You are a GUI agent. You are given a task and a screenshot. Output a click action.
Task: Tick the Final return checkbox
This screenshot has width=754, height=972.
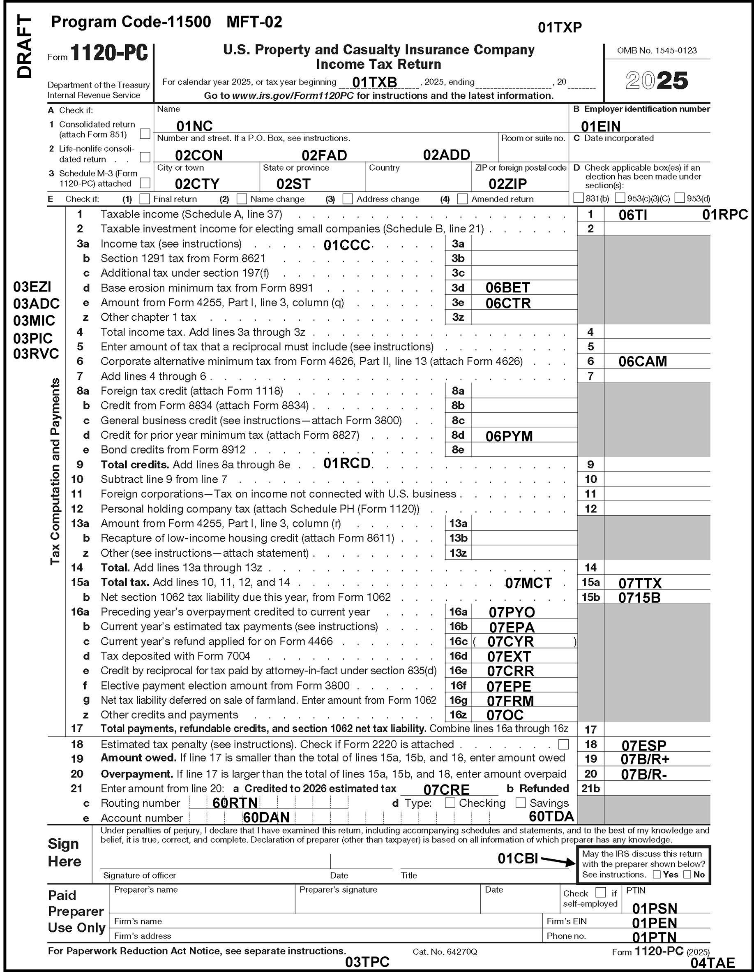tap(145, 199)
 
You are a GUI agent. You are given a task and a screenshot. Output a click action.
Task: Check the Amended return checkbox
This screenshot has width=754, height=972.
tap(463, 199)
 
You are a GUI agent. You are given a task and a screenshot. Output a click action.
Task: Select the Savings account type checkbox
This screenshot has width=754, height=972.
tap(521, 803)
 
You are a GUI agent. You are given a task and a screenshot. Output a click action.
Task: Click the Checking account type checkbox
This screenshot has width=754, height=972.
tap(450, 803)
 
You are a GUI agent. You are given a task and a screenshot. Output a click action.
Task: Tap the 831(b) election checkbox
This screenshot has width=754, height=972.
tap(578, 198)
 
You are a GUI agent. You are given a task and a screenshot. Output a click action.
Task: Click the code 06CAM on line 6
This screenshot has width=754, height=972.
tap(642, 361)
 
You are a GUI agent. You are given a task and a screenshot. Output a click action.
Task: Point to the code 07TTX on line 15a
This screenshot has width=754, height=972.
tap(640, 583)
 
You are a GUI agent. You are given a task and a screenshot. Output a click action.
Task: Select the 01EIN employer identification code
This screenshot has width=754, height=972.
tap(601, 126)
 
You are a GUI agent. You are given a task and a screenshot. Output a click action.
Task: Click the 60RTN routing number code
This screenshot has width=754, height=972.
tap(235, 803)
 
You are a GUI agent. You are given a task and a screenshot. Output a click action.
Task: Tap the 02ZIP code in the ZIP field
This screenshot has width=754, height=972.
tap(507, 184)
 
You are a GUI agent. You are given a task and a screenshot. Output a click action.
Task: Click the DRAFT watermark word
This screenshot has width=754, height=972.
tap(25, 47)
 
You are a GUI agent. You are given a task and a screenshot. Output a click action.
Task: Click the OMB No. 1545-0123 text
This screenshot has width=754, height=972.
tap(657, 51)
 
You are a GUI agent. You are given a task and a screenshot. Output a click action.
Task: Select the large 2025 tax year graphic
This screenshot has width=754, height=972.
tap(657, 81)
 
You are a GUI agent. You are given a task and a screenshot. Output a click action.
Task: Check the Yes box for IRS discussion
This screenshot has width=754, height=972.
tap(657, 875)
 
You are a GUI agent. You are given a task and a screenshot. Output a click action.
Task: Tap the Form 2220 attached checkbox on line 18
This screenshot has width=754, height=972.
tap(564, 744)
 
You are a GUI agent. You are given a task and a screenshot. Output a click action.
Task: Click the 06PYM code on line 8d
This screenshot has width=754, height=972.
tap(509, 436)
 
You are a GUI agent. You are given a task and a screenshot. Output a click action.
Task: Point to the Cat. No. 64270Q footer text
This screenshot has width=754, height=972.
tap(445, 951)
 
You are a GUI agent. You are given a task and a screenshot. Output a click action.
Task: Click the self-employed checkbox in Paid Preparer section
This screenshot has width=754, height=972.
tap(601, 892)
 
